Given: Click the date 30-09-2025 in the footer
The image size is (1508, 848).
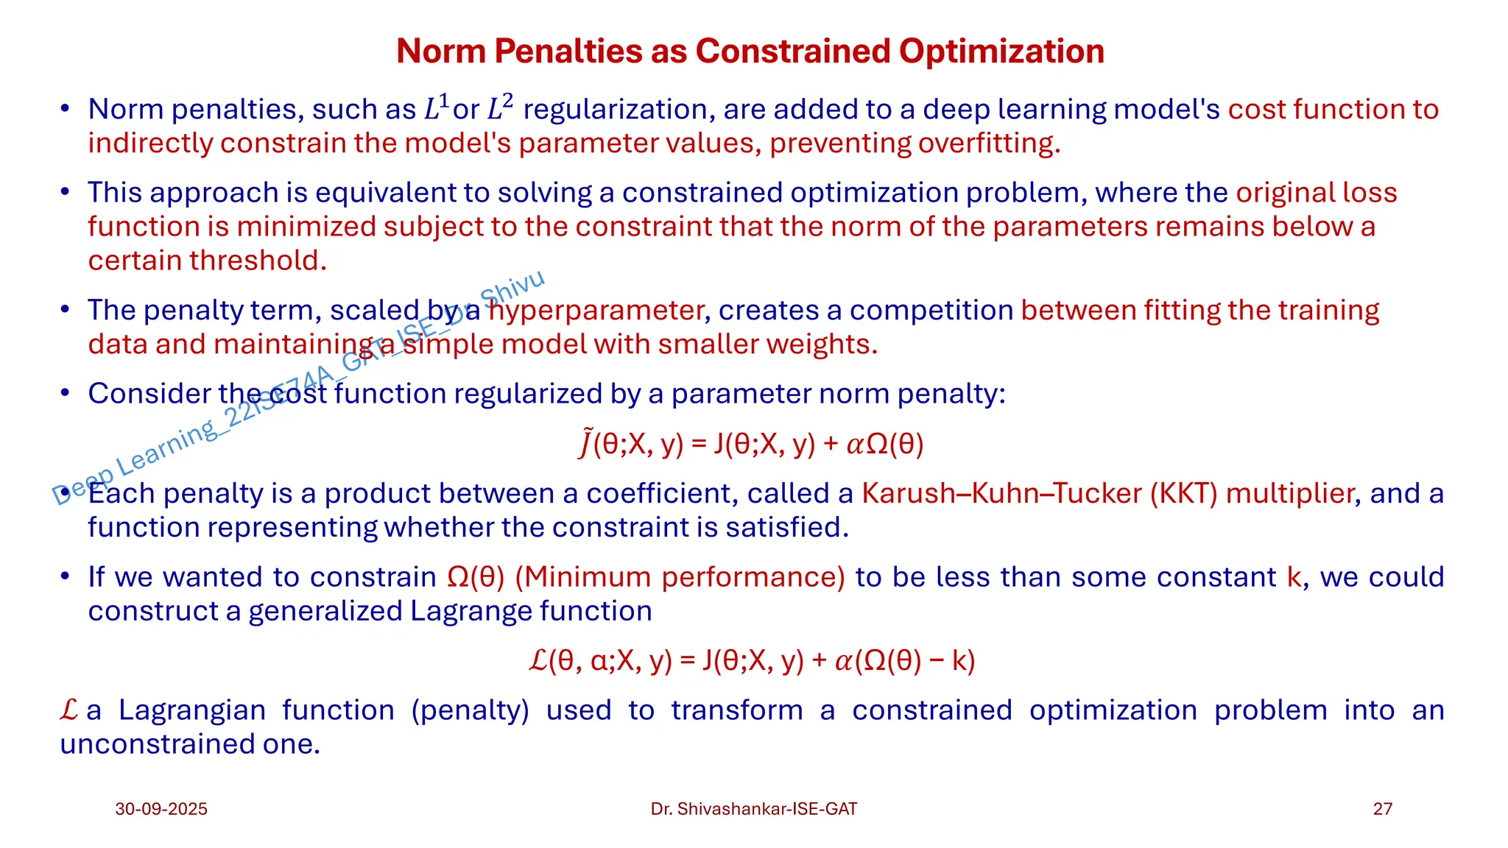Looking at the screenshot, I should [x=161, y=809].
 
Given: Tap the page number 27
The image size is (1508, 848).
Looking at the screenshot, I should [x=1382, y=809].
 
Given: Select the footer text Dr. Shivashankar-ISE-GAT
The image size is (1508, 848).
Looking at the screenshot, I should [x=753, y=809].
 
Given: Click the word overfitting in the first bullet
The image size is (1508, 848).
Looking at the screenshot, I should [x=988, y=143].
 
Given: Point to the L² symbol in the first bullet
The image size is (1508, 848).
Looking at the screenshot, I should [x=500, y=108].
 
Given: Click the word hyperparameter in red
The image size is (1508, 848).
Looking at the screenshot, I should [x=596, y=311].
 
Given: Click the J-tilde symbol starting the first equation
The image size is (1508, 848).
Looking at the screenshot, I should [x=585, y=443].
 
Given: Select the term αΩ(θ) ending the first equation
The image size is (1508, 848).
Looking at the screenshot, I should [x=884, y=444].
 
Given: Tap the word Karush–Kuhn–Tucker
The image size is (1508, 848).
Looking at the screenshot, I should [x=1001, y=493].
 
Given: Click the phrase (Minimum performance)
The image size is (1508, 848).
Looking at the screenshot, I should [x=680, y=577].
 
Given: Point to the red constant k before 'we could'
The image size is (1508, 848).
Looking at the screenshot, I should [x=1294, y=577].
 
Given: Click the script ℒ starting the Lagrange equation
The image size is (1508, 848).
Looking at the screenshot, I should [x=538, y=660].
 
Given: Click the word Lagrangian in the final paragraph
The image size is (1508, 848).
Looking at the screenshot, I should [x=192, y=710].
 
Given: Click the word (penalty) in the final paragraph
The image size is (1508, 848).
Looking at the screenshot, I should [x=470, y=710].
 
